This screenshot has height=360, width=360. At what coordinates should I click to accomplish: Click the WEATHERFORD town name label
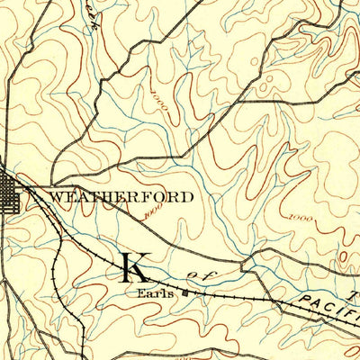pos(121,195)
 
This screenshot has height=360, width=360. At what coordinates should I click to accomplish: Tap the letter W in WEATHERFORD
pos(55,195)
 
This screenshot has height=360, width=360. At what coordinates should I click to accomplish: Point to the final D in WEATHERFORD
pos(186,195)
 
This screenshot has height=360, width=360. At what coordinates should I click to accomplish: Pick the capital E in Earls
pos(141,292)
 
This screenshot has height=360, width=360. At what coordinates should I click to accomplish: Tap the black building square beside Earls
pos(186,291)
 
